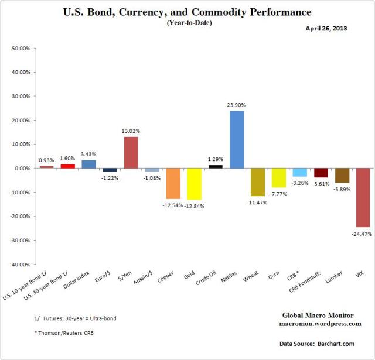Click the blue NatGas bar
coord(237,139)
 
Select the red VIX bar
coord(363,197)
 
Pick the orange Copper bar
coord(173,183)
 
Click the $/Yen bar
coord(131,152)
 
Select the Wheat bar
coord(257,182)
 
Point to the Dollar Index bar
coord(88,164)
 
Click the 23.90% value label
coord(237,105)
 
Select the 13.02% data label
coord(131,131)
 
